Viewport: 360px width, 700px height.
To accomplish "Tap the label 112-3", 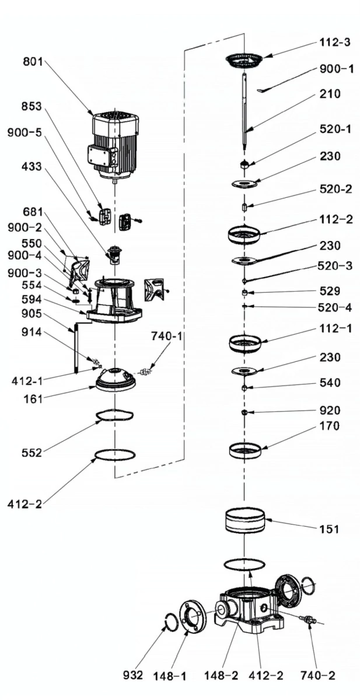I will coord(335,43).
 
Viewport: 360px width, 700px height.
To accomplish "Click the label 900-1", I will coord(336,69).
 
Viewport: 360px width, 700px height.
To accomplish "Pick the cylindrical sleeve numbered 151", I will coord(245,519).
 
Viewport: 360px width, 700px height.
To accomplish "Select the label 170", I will coord(330,426).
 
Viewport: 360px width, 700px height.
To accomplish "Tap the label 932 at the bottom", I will coord(133,675).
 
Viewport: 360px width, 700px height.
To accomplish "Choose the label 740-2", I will coord(317,675).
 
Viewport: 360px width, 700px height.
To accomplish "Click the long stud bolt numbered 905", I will coord(76,351).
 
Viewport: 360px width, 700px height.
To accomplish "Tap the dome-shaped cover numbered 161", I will coord(115,380).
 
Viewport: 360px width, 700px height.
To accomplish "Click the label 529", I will coord(330,290).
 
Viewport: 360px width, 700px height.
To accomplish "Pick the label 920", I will coord(330,410).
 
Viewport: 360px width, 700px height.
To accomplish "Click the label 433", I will coord(31,167).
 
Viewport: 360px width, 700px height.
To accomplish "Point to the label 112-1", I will coord(335,328).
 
